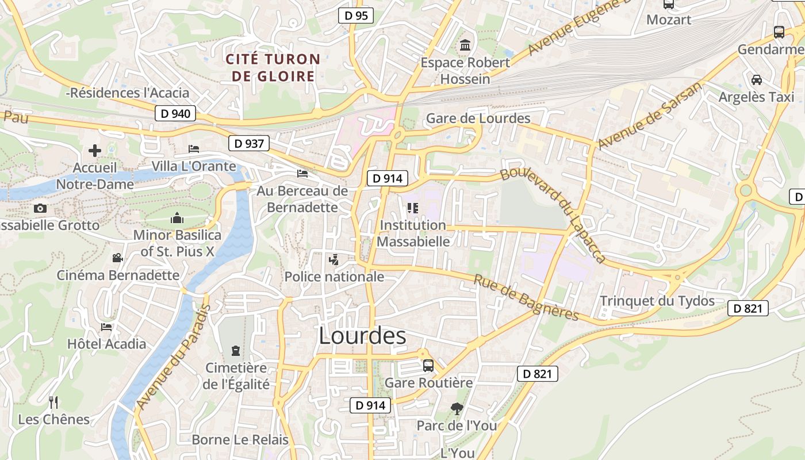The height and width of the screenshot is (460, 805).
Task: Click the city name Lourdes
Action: coord(362,336)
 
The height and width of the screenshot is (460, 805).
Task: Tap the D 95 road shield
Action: coord(356,16)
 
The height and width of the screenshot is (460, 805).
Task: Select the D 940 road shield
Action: coord(175,113)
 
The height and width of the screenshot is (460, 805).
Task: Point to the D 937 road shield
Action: coord(249,143)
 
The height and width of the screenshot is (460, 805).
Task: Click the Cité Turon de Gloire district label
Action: coord(273,67)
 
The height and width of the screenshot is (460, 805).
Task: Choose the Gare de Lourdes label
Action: coord(478,118)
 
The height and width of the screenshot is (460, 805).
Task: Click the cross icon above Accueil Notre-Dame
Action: coord(95,151)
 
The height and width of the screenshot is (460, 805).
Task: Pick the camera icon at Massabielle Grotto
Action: coord(40,208)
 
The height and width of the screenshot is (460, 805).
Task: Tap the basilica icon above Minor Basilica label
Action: coord(177,218)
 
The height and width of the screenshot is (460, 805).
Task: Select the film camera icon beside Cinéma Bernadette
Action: coord(117,258)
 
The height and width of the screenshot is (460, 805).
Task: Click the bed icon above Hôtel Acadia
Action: coord(106,327)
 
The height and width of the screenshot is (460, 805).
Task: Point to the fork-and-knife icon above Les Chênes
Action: coord(53,402)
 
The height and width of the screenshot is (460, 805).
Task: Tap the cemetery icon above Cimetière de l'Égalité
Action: coord(235,350)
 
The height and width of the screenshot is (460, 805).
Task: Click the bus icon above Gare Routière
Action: coord(428,365)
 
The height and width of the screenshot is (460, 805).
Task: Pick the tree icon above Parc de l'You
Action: coord(457,409)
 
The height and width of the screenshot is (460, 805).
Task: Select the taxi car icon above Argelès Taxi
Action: coord(756,79)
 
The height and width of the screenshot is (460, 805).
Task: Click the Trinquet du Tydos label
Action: coord(657,301)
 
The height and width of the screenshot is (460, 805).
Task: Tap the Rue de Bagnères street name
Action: coord(526,297)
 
